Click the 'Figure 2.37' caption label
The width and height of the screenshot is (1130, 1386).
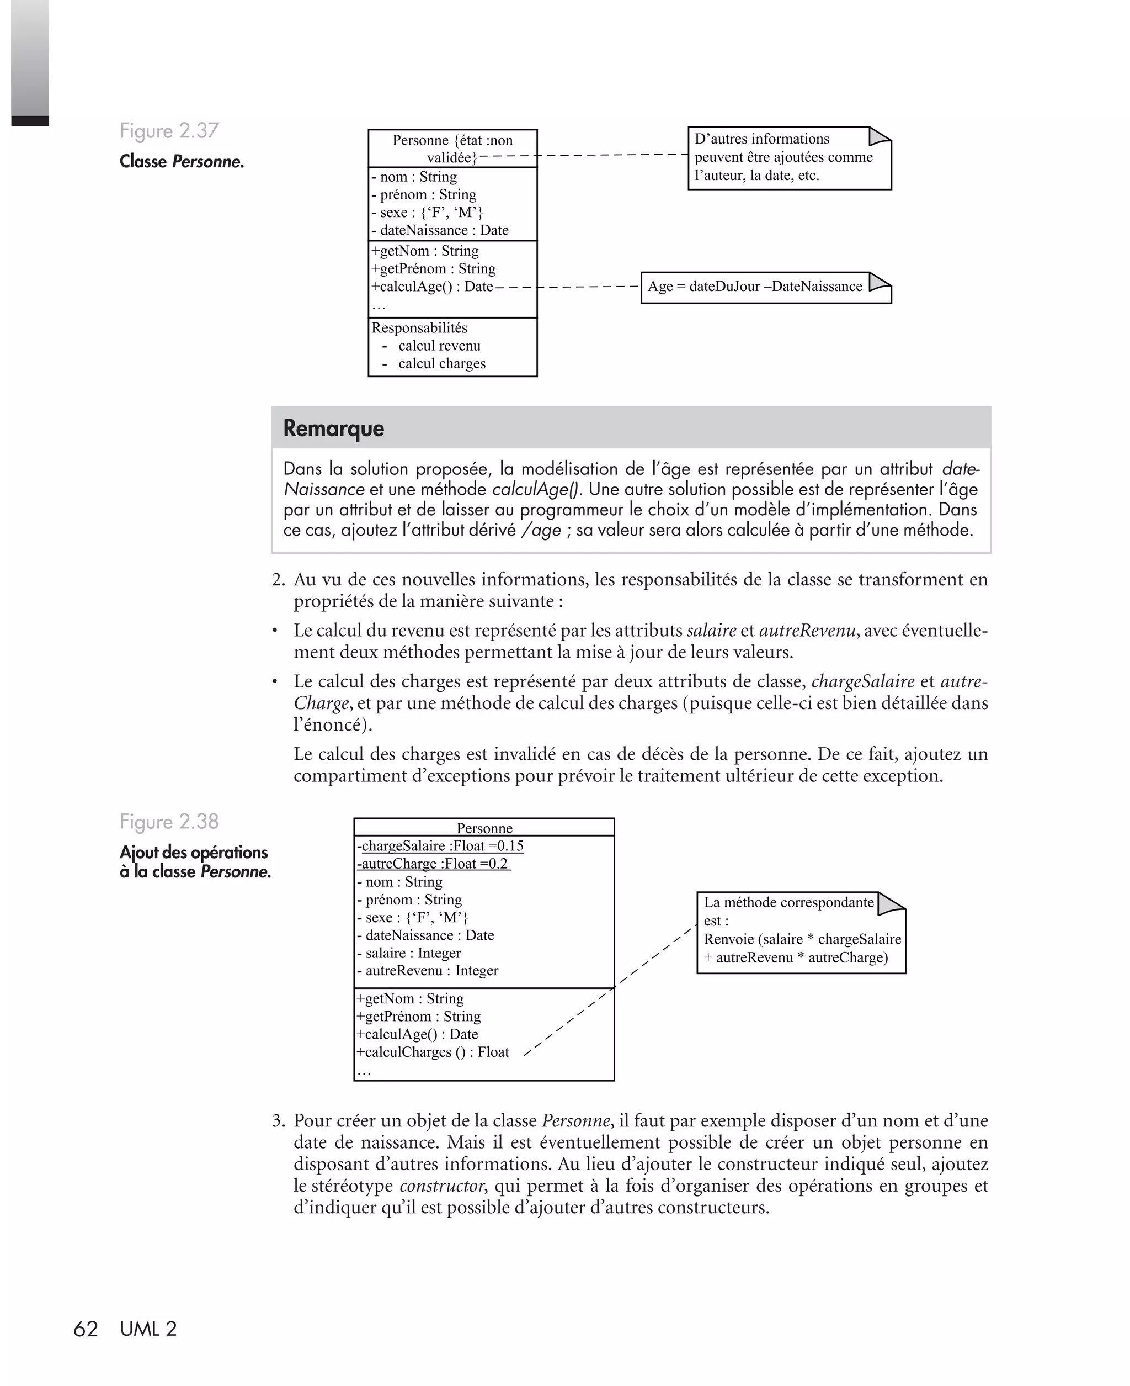(169, 131)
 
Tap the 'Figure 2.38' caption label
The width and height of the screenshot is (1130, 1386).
(169, 822)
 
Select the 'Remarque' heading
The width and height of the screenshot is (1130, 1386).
(333, 428)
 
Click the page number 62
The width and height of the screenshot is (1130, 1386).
(86, 1329)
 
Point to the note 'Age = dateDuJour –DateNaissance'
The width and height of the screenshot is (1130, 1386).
(755, 287)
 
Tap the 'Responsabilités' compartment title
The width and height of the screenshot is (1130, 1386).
(419, 327)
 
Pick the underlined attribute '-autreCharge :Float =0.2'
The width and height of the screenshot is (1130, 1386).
(434, 864)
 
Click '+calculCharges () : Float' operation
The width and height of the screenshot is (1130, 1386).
(433, 1052)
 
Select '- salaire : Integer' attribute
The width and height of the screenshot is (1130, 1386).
(409, 953)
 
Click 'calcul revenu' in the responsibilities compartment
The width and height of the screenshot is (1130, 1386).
(439, 346)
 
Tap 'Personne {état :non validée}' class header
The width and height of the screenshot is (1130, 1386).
(452, 149)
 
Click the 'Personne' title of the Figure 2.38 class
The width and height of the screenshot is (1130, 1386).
(484, 828)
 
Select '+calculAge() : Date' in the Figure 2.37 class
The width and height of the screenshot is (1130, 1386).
(432, 287)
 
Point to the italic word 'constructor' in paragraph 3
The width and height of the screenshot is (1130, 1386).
(442, 1186)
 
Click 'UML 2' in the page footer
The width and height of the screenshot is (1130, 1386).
(148, 1329)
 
